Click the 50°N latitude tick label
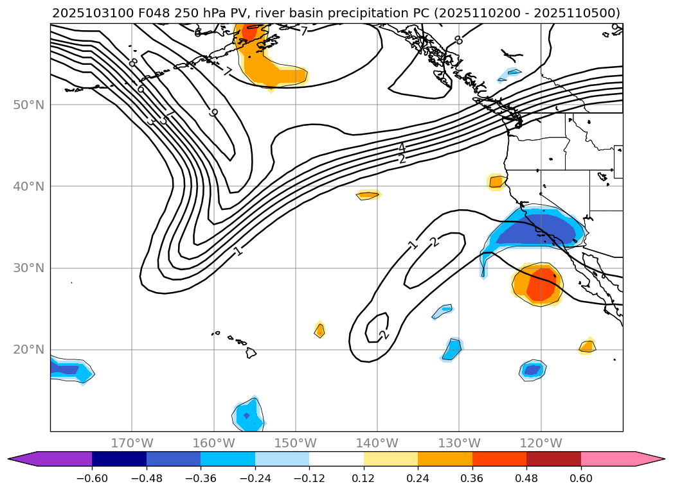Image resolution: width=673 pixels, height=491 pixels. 28,105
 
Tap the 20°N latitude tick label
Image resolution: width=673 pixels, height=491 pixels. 28,350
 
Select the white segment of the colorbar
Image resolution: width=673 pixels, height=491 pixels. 336,458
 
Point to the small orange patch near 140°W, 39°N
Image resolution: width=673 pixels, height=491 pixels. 368,194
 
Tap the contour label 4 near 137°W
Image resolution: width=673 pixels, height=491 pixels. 402,148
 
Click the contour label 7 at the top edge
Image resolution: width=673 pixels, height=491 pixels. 303,31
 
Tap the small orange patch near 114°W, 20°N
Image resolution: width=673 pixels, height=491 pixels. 586,347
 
